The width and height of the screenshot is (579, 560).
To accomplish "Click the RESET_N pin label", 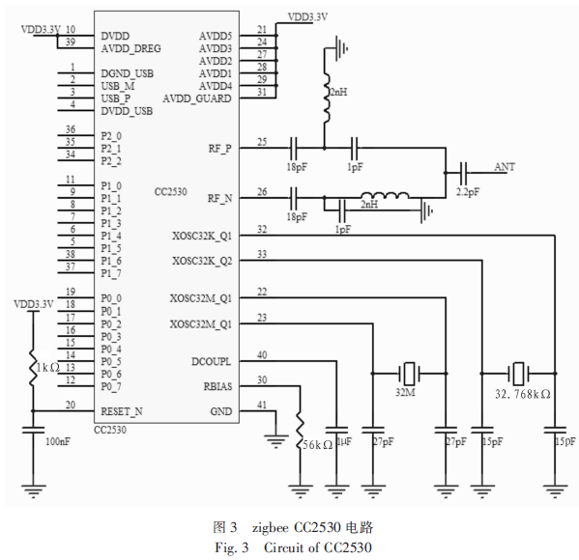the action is [122, 411].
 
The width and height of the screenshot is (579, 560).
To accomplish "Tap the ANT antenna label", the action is [505, 167].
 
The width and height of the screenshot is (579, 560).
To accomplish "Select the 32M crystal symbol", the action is [409, 374].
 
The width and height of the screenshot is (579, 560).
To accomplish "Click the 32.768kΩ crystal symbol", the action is [518, 374].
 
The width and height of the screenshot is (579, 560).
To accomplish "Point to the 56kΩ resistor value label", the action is [318, 445].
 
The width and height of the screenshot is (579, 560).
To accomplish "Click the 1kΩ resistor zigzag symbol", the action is [33, 367].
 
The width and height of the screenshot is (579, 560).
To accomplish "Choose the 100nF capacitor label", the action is [58, 441].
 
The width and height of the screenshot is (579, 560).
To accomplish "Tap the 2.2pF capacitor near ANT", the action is [463, 173].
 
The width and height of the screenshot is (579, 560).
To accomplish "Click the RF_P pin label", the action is [220, 149].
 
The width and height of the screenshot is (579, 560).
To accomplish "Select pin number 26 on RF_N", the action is [262, 192].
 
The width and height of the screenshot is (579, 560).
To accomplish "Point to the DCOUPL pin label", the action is [212, 361].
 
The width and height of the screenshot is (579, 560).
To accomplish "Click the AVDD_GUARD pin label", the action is [197, 98].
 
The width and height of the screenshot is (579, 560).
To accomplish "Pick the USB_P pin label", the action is [116, 98].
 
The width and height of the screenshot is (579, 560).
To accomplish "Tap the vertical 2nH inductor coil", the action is [326, 98].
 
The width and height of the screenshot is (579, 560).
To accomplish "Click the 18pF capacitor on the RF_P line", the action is [294, 148].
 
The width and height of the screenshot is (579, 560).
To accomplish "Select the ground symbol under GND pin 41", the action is [275, 441].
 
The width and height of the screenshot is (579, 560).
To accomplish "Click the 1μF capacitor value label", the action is [344, 441].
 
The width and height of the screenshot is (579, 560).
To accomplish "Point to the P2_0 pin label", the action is [111, 136].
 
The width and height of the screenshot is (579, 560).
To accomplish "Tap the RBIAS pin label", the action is [217, 386].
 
